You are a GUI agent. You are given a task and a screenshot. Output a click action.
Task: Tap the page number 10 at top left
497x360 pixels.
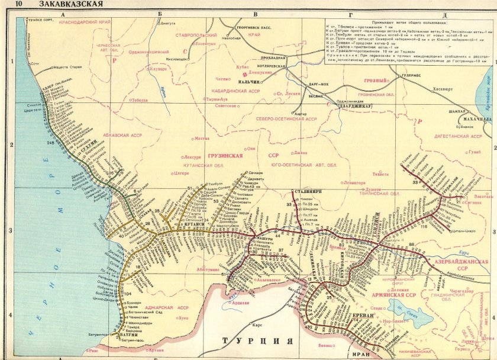(x=19, y=5)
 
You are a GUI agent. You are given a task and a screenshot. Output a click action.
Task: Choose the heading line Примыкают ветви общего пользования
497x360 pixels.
(x=408, y=20)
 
